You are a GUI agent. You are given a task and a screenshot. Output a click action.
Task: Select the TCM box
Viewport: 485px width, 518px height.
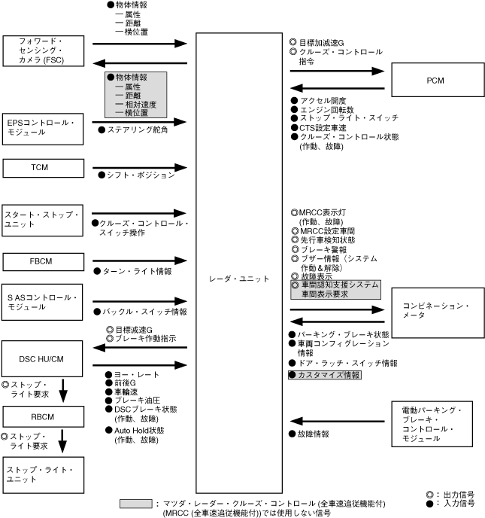click(x=41, y=167)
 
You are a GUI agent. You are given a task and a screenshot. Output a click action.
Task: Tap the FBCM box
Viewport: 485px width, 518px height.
click(x=41, y=261)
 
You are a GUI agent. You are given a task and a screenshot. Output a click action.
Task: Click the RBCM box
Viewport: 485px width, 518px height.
click(x=41, y=416)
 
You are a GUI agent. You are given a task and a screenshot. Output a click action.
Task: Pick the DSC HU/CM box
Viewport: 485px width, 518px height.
click(x=41, y=358)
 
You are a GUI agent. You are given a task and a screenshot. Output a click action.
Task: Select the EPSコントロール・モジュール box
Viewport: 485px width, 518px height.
click(x=41, y=126)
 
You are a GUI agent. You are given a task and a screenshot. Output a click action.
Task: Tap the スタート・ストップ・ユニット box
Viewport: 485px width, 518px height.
click(x=41, y=220)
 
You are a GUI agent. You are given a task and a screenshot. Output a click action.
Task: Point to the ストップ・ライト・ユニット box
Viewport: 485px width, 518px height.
click(x=41, y=474)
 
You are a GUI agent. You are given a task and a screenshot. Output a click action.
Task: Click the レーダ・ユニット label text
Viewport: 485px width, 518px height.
click(x=242, y=279)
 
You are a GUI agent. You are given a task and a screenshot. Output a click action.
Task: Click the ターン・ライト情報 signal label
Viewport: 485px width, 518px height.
click(x=135, y=270)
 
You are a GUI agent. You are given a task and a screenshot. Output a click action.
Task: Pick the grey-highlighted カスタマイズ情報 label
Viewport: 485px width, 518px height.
click(x=324, y=374)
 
